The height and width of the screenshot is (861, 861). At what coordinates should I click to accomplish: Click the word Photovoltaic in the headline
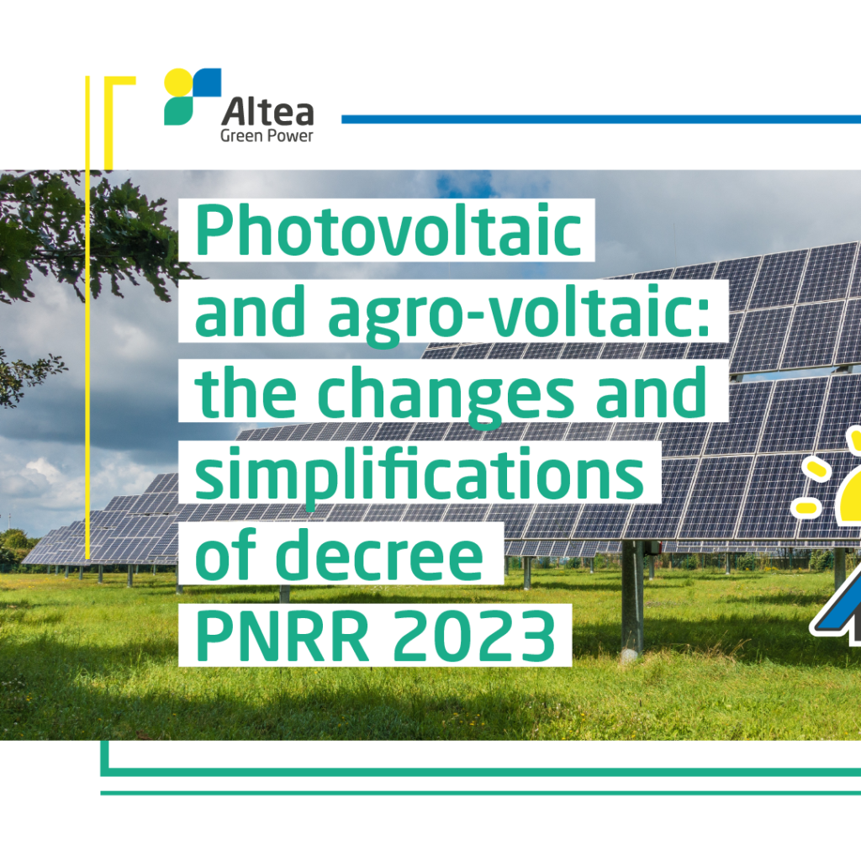tap(388, 230)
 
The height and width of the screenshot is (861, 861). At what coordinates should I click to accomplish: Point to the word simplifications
tap(419, 474)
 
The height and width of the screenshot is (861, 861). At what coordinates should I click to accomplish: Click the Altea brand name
tap(267, 112)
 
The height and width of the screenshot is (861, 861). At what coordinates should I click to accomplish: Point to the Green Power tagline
tap(267, 135)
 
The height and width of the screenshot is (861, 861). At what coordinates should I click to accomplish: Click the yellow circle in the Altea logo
tap(178, 82)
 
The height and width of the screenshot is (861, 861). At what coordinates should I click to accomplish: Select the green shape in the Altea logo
tap(178, 112)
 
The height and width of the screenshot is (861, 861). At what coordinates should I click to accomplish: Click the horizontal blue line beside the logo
tap(601, 119)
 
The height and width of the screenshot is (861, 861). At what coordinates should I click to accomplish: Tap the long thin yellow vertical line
tap(87, 317)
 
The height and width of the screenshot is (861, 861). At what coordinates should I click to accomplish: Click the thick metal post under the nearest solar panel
tap(632, 601)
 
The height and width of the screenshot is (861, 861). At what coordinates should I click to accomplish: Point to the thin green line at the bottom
tap(480, 793)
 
